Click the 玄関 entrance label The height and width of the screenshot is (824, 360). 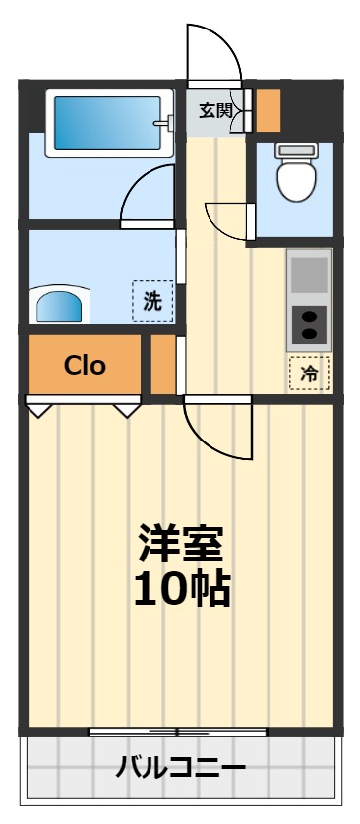click(x=215, y=110)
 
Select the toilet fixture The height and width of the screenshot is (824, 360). click(x=295, y=171)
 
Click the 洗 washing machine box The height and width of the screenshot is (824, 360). click(x=152, y=301)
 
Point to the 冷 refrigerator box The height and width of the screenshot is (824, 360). click(x=309, y=373)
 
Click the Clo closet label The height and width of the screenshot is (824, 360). click(x=85, y=366)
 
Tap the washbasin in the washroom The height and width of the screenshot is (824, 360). click(x=61, y=306)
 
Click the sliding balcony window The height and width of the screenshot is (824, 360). click(x=178, y=732)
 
